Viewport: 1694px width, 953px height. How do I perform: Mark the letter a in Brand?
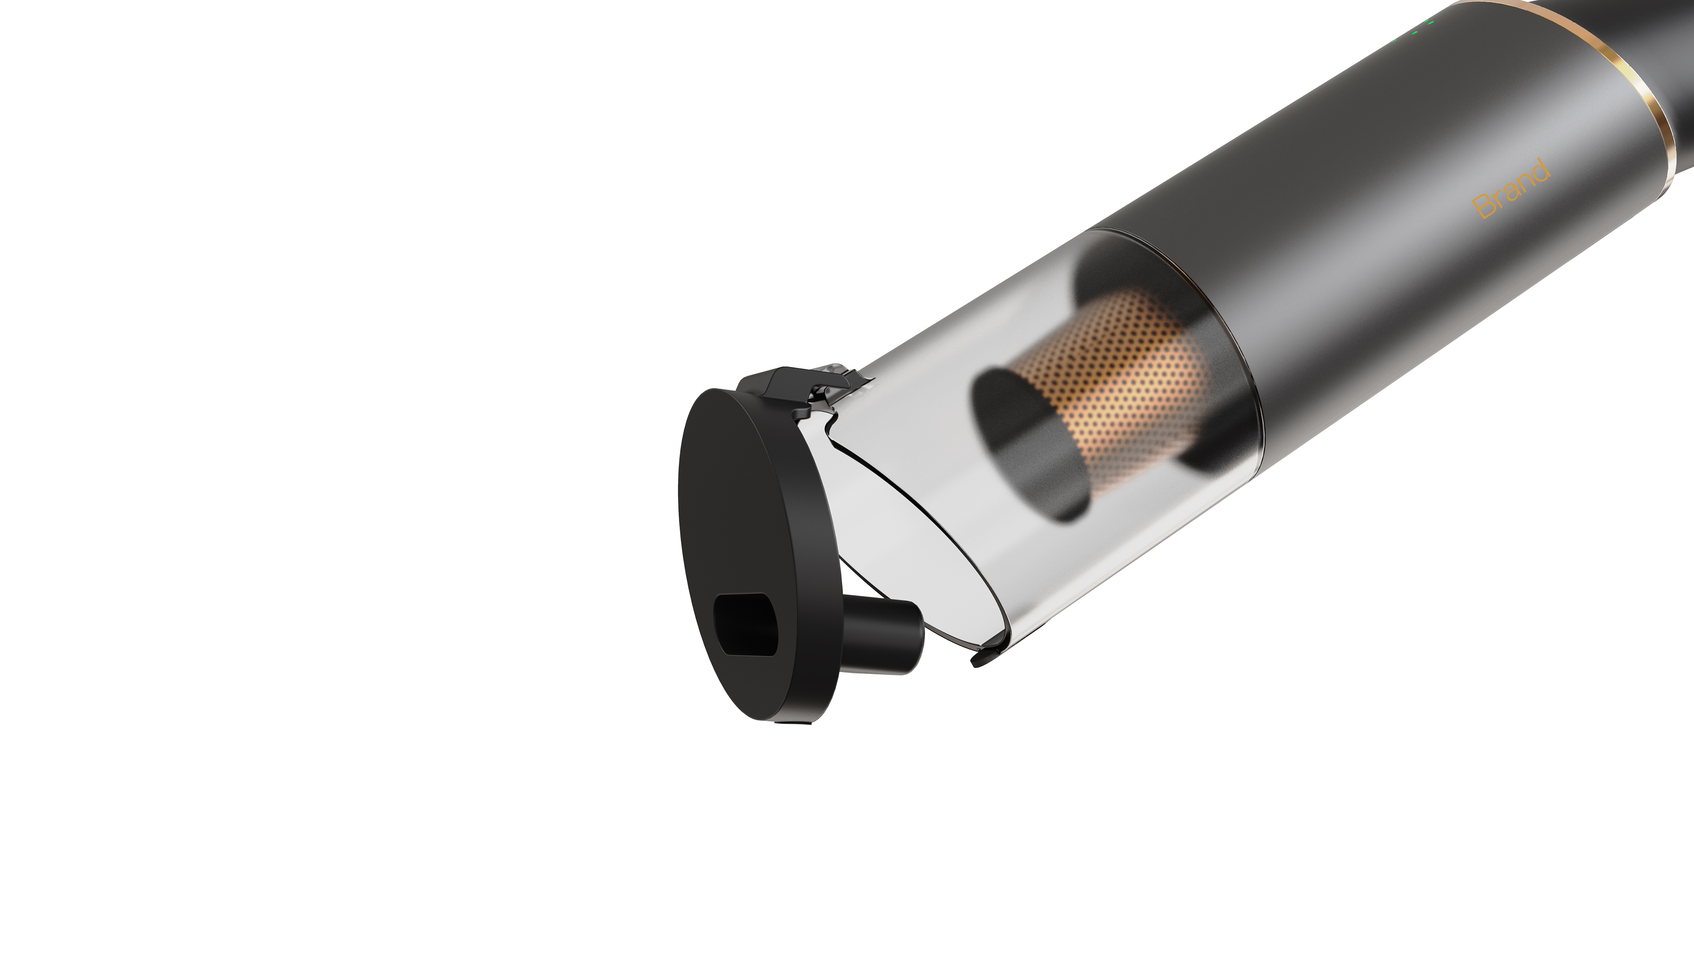1511,190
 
